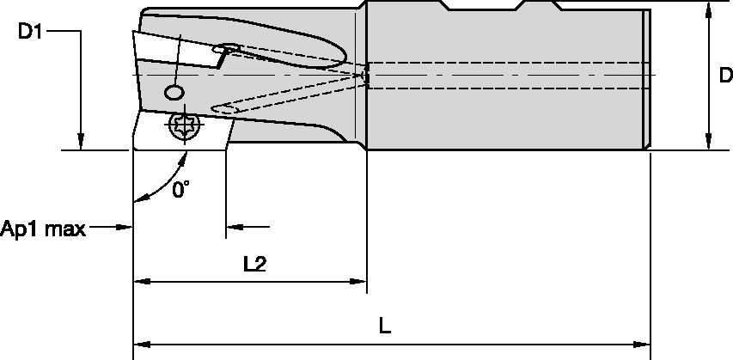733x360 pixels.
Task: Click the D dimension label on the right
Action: (724, 76)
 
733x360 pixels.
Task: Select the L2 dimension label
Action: (254, 264)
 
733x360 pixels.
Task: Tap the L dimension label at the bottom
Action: (385, 326)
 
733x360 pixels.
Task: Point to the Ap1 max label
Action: (42, 229)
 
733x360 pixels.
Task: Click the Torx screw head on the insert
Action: (183, 125)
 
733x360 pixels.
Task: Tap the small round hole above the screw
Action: (174, 91)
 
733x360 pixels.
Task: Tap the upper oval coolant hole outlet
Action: (229, 48)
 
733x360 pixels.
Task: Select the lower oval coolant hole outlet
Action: (223, 107)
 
